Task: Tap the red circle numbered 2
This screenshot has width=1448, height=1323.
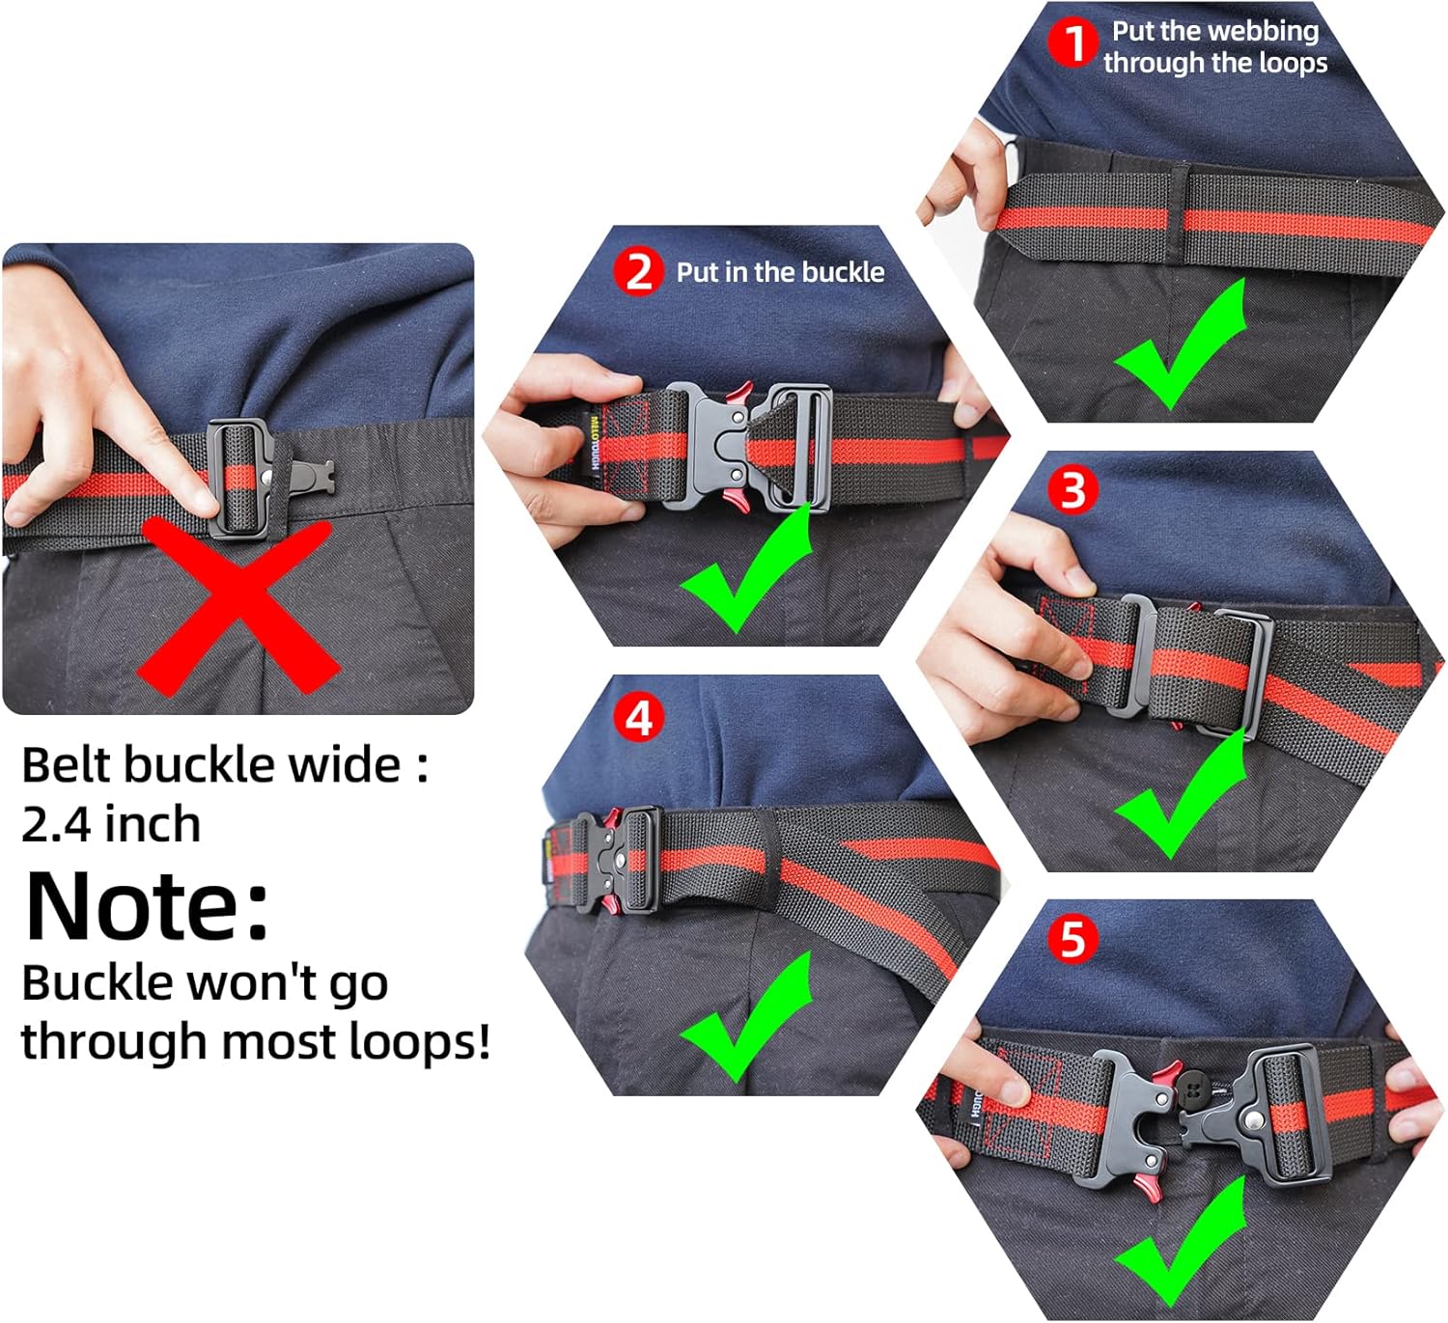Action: (639, 272)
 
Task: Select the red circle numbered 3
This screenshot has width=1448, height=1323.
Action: (1072, 490)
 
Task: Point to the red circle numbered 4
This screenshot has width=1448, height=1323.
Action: (639, 718)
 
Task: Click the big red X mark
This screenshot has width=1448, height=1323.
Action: (238, 606)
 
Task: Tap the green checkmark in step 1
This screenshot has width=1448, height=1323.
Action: (1181, 346)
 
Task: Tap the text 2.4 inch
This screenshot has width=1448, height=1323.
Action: (111, 823)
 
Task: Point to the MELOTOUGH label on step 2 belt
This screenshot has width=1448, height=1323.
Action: (594, 441)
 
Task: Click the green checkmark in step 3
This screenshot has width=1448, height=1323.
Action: (1181, 794)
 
